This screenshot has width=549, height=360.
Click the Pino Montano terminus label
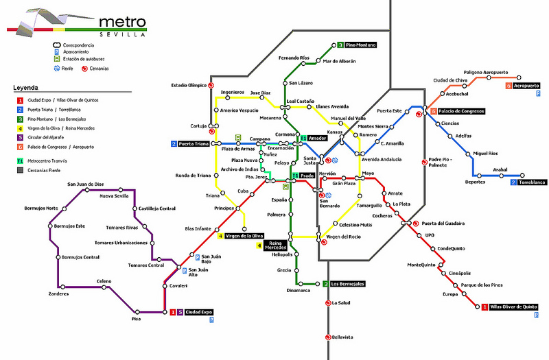pos(361,45)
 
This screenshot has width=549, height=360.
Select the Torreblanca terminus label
pos(531,182)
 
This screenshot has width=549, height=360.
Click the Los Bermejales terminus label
pos(347,284)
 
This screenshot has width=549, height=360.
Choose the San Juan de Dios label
pos(85,184)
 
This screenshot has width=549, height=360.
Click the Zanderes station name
pos(58,293)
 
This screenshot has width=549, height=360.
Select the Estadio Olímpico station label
pos(189,86)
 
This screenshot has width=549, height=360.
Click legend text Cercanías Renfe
pos(46,170)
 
